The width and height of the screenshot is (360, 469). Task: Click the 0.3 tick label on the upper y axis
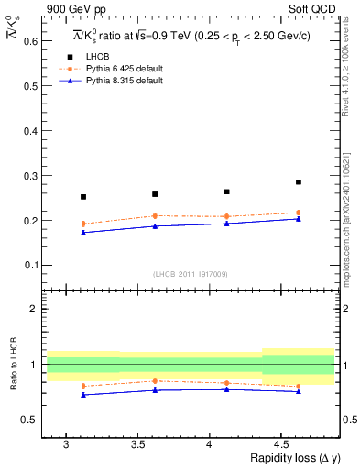click(29, 176)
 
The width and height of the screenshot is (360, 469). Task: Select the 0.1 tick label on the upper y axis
click(29, 266)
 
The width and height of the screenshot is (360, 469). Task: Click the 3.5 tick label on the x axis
click(136, 445)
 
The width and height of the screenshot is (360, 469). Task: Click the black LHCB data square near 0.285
click(299, 182)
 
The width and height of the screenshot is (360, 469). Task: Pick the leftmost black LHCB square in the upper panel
click(83, 197)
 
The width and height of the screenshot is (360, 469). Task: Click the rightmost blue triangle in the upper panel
click(299, 219)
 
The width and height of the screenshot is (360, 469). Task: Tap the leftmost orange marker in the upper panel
click(83, 224)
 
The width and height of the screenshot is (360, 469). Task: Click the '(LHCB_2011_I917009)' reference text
click(191, 274)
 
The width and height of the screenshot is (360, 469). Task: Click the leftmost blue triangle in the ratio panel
click(83, 395)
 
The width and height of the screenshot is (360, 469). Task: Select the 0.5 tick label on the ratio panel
click(30, 420)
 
